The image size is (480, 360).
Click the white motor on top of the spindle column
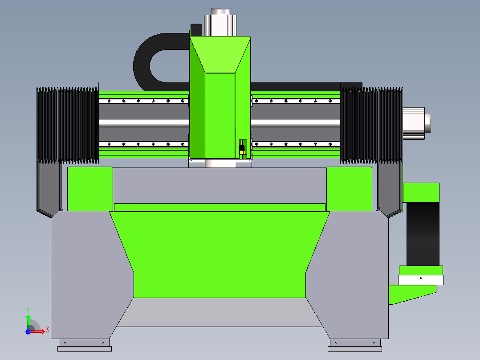click(220, 23)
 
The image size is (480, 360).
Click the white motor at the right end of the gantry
click(416, 123)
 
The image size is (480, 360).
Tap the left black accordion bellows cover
click(68, 125)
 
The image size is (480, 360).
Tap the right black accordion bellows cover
click(371, 125)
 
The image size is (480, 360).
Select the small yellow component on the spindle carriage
click(242, 152)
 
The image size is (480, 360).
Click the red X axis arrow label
click(48, 330)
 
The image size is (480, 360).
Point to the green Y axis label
click(28, 310)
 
